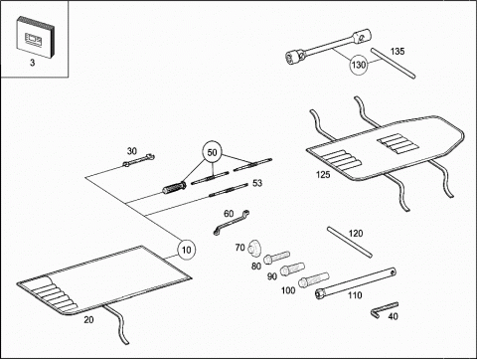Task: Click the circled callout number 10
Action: tap(187, 250)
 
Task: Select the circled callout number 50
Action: tap(212, 152)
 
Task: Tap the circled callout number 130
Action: tap(359, 65)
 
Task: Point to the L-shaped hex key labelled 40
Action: tap(383, 309)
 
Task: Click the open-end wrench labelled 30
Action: tap(138, 159)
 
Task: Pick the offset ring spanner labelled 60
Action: tap(232, 223)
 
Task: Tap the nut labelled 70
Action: tap(254, 248)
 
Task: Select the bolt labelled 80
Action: tap(276, 258)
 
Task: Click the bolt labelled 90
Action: tap(292, 269)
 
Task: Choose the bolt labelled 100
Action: tap(313, 279)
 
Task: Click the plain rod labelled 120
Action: tap(350, 242)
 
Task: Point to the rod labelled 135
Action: tap(393, 64)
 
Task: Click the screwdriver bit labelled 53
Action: tap(229, 190)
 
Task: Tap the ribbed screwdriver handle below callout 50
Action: tap(174, 187)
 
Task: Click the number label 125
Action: tap(323, 174)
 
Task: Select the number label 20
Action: tap(88, 320)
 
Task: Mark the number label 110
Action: tap(355, 295)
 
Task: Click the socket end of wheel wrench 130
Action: tap(293, 56)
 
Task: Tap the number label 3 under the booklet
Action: tap(32, 63)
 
